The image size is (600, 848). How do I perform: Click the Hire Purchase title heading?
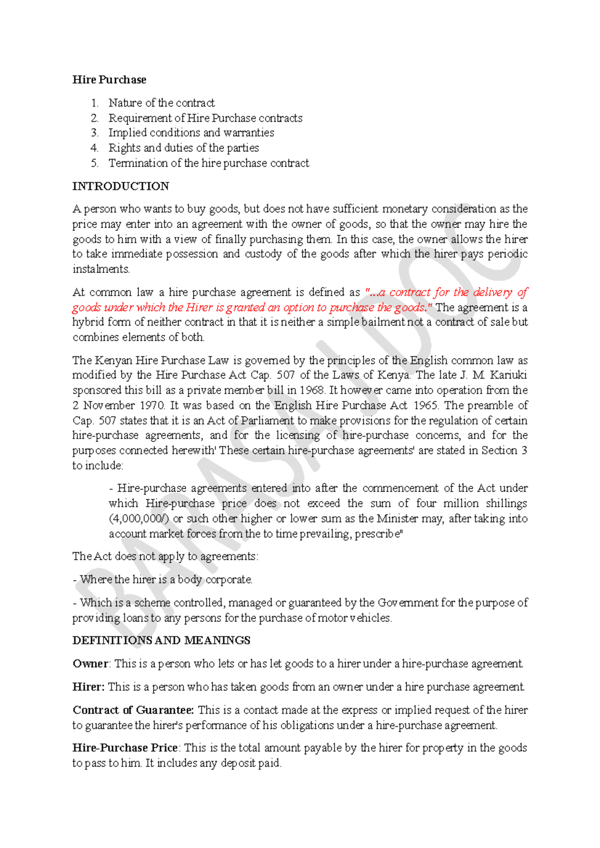click(x=109, y=80)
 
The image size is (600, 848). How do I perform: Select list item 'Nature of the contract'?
click(x=161, y=103)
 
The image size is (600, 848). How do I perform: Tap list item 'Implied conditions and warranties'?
click(x=191, y=133)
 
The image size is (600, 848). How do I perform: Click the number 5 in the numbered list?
click(x=94, y=163)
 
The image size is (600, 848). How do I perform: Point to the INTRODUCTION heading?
click(x=120, y=186)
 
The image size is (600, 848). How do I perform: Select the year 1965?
click(x=425, y=405)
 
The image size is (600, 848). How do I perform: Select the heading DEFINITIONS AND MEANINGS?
click(x=161, y=640)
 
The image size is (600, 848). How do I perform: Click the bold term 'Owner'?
click(x=90, y=664)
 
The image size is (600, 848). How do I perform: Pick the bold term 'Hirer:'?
click(x=88, y=687)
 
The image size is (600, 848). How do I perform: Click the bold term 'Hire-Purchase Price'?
click(x=125, y=748)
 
